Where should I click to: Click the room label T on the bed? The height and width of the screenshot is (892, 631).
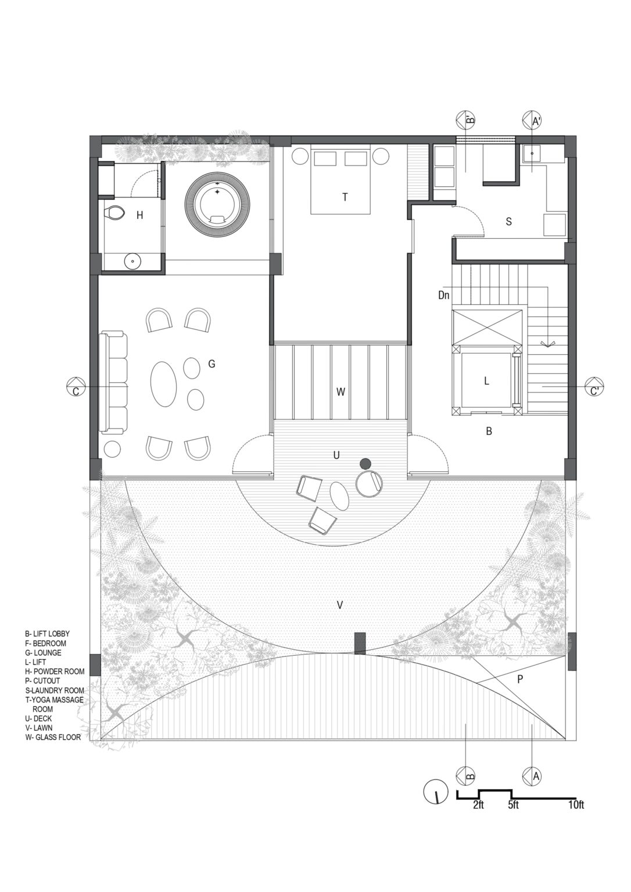click(345, 197)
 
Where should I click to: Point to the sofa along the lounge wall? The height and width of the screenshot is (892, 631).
click(114, 383)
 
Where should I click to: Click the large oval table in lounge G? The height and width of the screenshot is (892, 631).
click(164, 385)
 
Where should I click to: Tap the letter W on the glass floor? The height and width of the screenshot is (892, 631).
click(340, 392)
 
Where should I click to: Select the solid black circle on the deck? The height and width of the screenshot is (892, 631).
click(365, 463)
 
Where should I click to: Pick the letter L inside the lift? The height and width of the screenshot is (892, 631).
click(486, 381)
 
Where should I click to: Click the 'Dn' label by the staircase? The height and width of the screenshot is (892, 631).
click(444, 295)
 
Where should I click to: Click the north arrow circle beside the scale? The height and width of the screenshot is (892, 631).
click(433, 793)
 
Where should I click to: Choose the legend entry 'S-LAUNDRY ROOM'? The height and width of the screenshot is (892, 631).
click(54, 690)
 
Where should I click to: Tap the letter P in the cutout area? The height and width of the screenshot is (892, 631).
click(521, 678)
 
